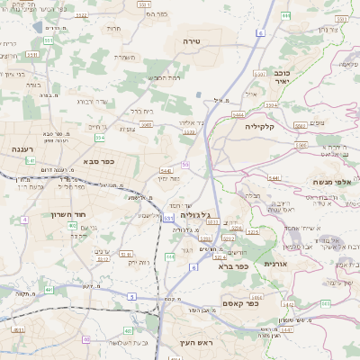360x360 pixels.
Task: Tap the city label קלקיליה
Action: click(265, 127)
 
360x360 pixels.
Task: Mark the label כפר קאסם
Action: click(238, 303)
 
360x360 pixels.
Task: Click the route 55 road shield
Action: click(185, 165)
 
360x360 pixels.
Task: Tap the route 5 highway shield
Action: click(131, 295)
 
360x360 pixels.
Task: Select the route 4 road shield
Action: click(24, 219)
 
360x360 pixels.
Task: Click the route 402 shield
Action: click(72, 226)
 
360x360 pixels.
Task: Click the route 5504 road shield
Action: click(238, 115)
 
